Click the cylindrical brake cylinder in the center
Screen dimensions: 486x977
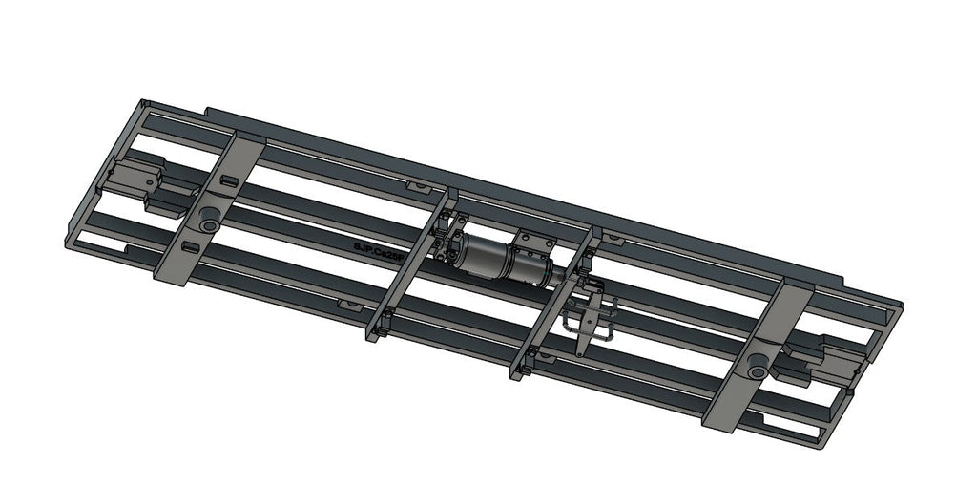pos(500,260)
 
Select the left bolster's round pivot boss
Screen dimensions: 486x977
pos(207,222)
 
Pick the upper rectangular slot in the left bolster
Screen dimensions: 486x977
pos(229,179)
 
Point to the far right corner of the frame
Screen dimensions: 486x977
pos(898,306)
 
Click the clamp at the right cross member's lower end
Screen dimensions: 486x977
pos(522,364)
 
